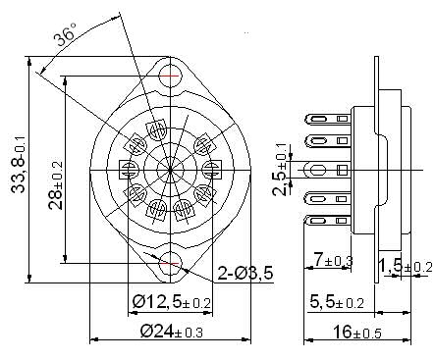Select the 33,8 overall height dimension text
[19, 163]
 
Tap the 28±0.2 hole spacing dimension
[56, 185]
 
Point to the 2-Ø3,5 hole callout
[245, 274]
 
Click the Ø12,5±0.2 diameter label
[172, 301]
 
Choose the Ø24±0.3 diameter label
[172, 332]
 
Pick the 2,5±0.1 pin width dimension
[279, 170]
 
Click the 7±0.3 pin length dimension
[333, 260]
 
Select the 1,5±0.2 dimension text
[406, 266]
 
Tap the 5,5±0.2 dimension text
[337, 302]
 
